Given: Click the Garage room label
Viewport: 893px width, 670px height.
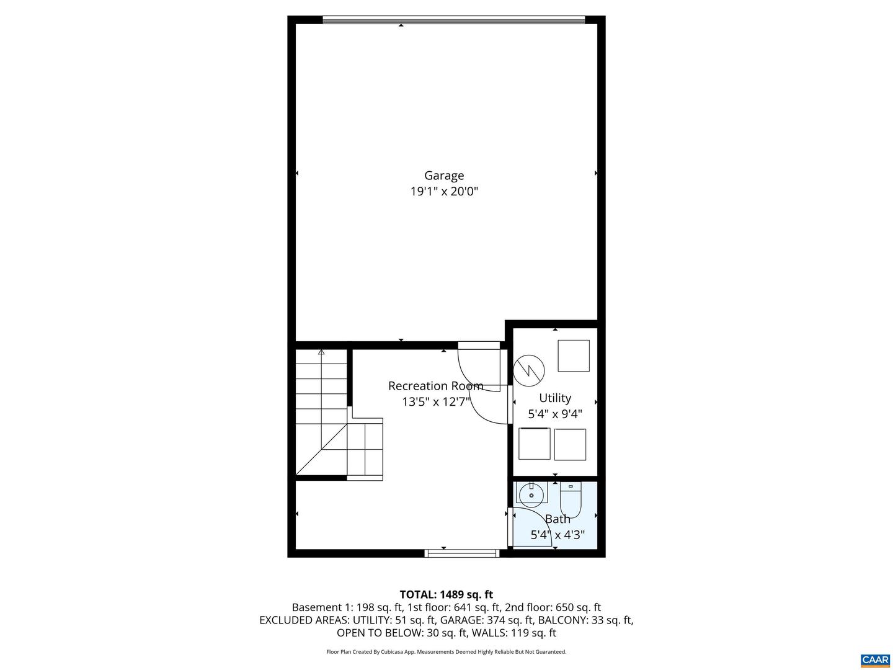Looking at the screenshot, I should [444, 176].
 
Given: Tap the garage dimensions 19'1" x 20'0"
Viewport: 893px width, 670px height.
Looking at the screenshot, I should [444, 192].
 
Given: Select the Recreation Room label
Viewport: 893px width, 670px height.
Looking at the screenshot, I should [435, 386].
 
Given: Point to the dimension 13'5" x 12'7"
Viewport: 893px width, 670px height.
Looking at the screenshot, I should [436, 402].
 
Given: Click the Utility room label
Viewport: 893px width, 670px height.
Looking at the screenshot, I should [555, 398].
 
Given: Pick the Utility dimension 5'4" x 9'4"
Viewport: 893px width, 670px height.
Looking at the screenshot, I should [555, 414].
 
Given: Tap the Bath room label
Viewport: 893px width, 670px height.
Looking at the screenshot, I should [558, 519].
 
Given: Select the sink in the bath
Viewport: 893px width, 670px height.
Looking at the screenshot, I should [531, 495].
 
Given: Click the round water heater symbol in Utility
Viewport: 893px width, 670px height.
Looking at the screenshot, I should [529, 370].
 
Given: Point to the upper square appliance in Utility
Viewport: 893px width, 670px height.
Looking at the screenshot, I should [574, 355].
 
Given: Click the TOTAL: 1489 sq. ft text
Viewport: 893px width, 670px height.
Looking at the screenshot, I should [446, 594].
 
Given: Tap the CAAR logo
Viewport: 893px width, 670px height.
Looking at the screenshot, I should [875, 659].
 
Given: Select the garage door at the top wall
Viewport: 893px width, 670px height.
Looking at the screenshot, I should [453, 20].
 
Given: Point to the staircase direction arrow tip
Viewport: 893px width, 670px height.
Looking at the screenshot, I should [321, 352].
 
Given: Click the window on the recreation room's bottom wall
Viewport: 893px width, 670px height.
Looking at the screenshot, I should [462, 553].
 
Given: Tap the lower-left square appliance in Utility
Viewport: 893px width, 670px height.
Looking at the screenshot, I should [535, 444].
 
